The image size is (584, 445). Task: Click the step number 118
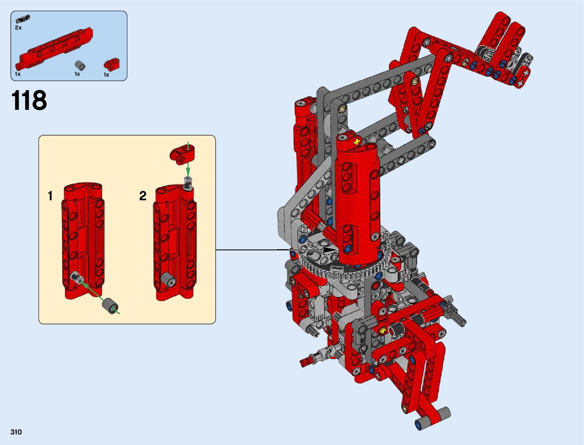point(29,100)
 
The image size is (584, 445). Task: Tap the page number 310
point(16,432)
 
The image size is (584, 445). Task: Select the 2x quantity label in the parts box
point(18,28)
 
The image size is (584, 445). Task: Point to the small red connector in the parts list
point(112,64)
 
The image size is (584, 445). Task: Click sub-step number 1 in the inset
point(50,196)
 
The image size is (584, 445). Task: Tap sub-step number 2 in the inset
point(143,196)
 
